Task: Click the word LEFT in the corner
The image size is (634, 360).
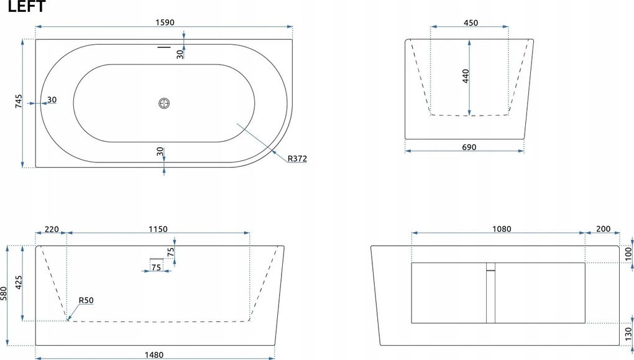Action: point(27,6)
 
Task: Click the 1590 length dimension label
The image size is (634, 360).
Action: point(165,22)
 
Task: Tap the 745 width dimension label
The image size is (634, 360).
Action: point(19,101)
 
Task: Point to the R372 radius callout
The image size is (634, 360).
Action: point(297,159)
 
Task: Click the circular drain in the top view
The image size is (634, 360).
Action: point(163,103)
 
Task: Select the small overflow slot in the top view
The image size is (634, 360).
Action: point(163,47)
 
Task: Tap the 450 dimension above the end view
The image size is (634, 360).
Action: point(471,22)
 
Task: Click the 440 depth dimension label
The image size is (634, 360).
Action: point(466,76)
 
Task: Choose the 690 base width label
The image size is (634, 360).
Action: point(469,147)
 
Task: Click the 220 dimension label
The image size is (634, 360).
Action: point(52,229)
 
